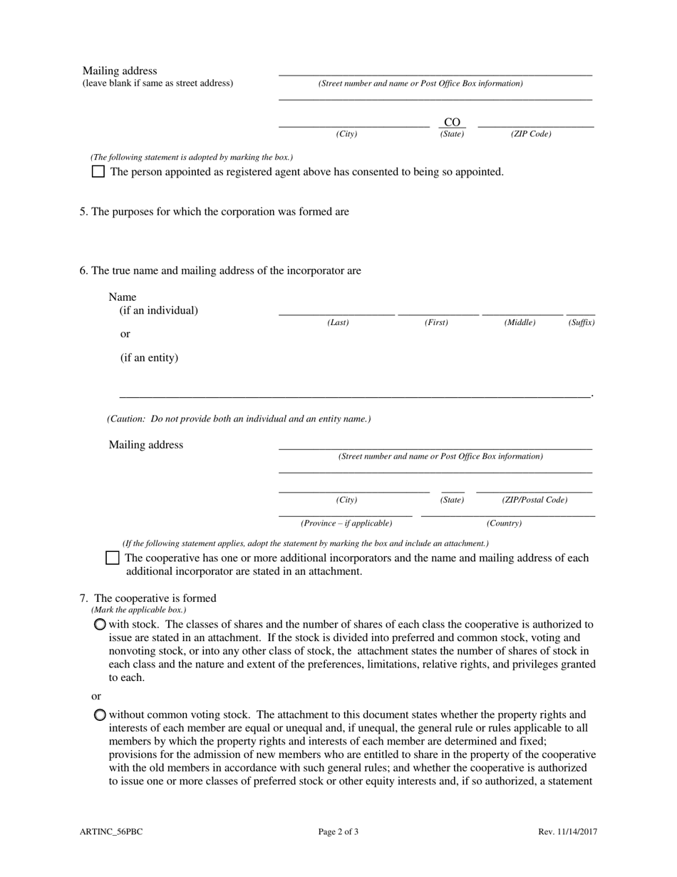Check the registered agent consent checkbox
click(x=98, y=172)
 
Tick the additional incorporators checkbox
click(x=112, y=558)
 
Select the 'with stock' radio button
click(x=100, y=625)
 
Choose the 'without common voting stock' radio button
click(x=100, y=715)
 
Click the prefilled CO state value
click(x=452, y=122)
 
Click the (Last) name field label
click(x=338, y=323)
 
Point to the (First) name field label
click(x=436, y=323)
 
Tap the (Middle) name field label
click(x=520, y=323)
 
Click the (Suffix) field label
click(x=581, y=323)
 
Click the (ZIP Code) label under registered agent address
click(x=531, y=134)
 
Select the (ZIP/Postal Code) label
click(x=534, y=500)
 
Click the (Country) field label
click(x=504, y=523)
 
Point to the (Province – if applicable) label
click(x=346, y=523)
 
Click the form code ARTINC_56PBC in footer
click(x=112, y=831)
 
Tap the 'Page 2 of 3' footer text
click(x=338, y=831)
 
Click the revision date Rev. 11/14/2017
click(x=567, y=831)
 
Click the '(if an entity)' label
click(x=149, y=358)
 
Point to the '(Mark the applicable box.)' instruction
click(x=138, y=610)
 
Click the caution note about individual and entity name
click(x=239, y=419)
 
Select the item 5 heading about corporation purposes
click(x=215, y=212)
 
